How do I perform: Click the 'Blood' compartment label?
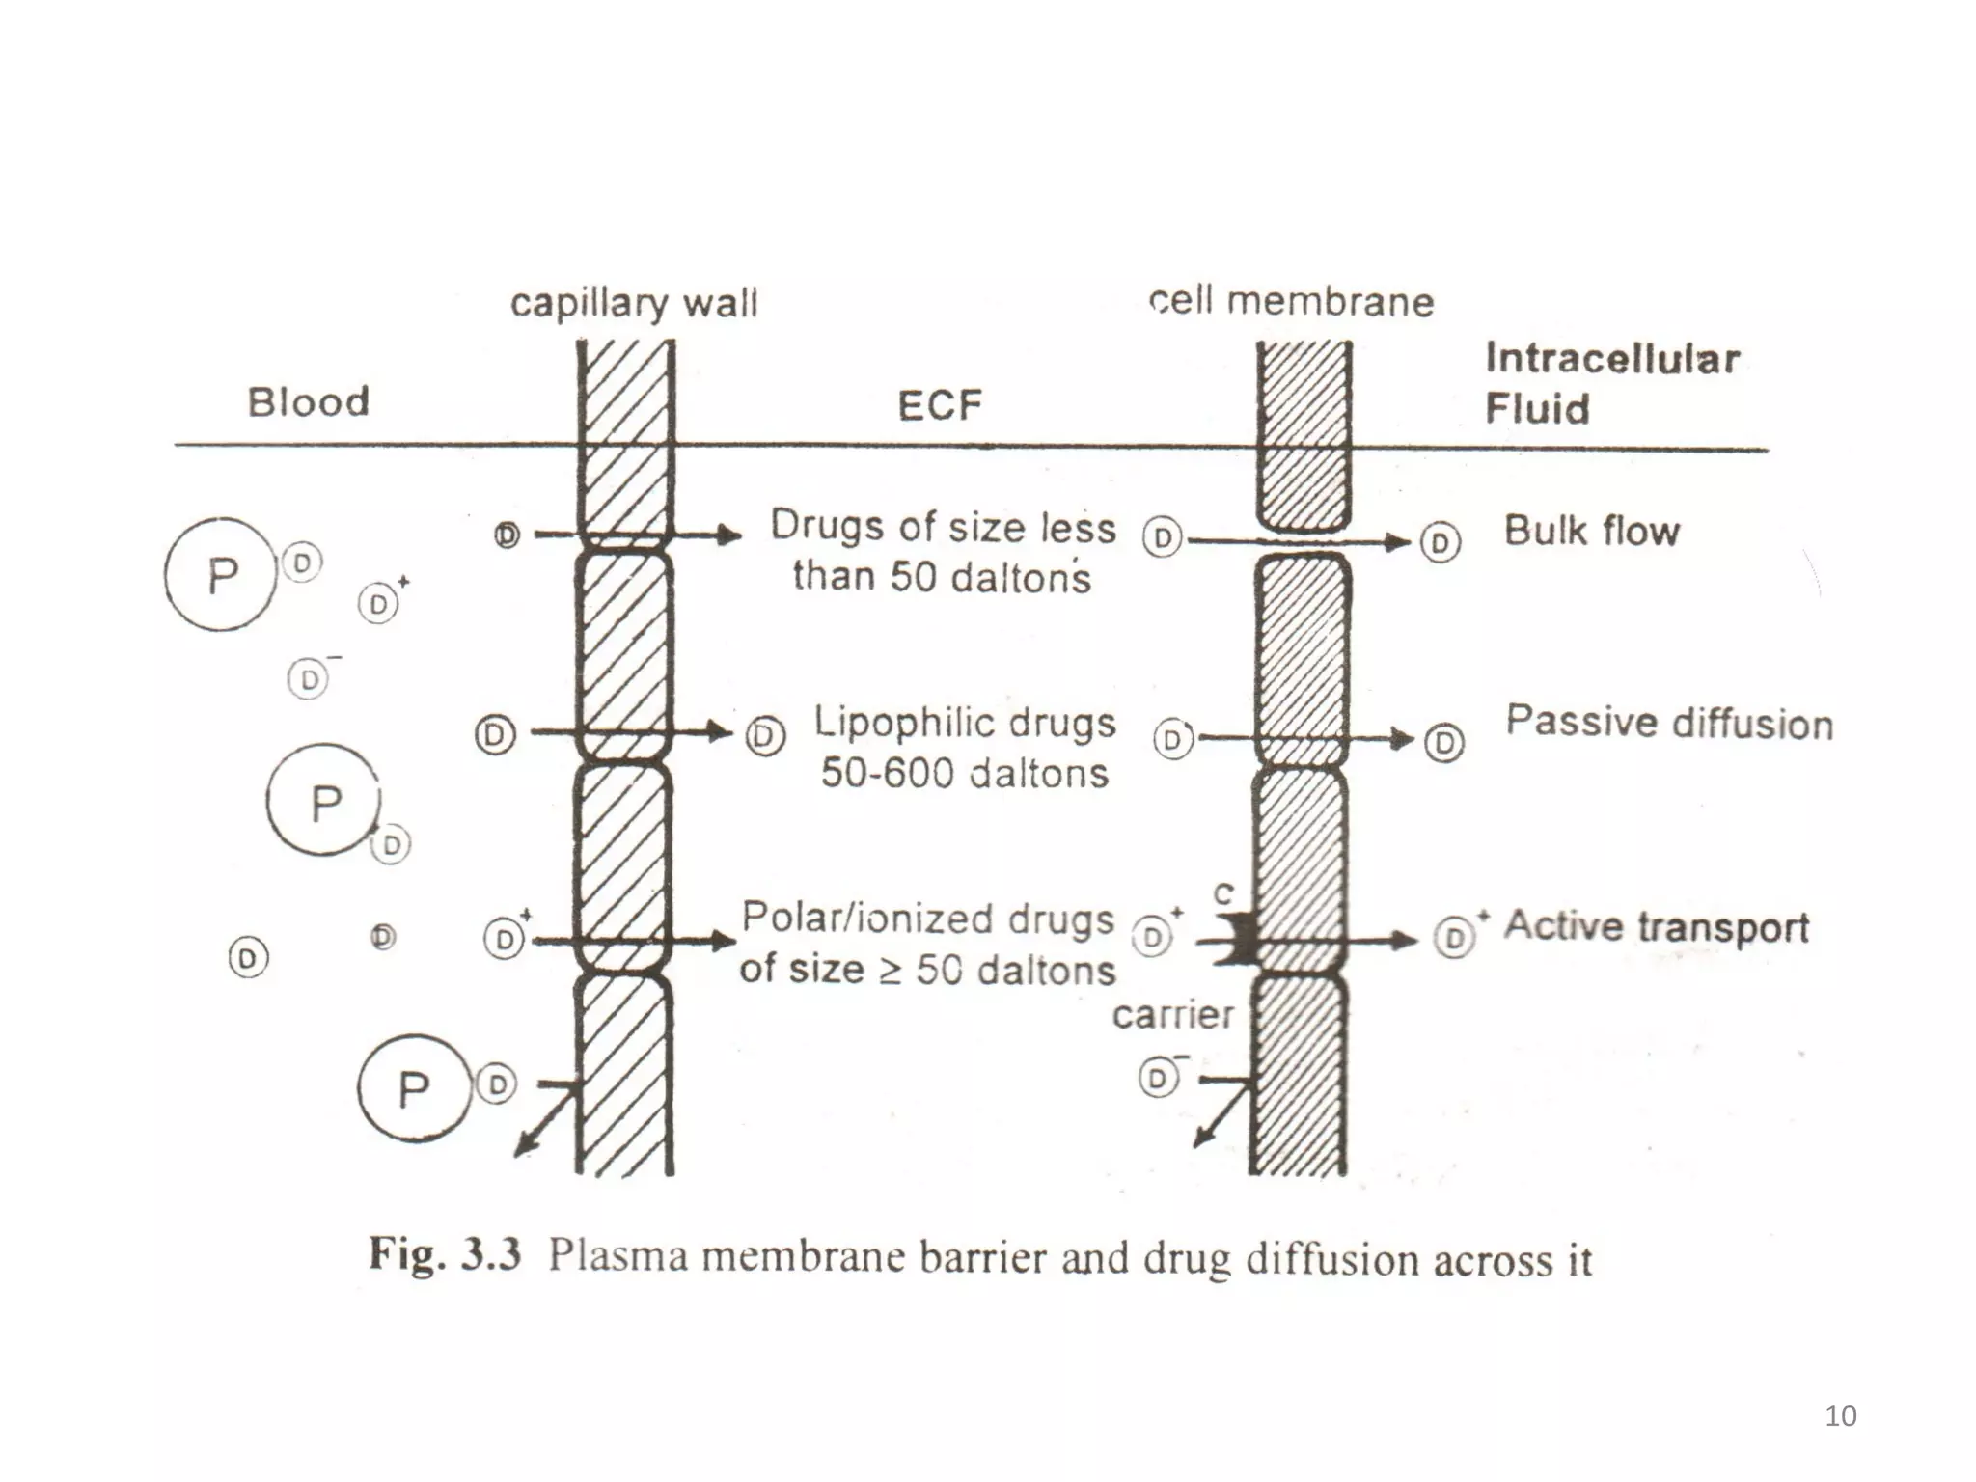click(x=309, y=402)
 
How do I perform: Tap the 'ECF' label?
click(x=939, y=405)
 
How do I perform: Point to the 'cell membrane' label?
click(x=1291, y=302)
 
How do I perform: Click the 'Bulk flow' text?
click(x=1592, y=531)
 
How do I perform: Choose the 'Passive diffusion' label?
click(x=1669, y=723)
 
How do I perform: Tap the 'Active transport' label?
click(x=1656, y=926)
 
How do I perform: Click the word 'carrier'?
click(x=1172, y=1015)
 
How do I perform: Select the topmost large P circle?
click(x=220, y=575)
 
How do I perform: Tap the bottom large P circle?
click(x=414, y=1089)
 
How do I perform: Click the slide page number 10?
click(x=1841, y=1415)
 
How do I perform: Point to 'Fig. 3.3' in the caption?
click(x=445, y=1255)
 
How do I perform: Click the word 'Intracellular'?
click(x=1612, y=359)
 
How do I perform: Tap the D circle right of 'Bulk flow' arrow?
click(x=1441, y=543)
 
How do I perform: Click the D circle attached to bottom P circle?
click(x=497, y=1084)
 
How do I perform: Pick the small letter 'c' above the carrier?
click(x=1223, y=893)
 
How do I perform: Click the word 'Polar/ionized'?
click(x=864, y=919)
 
